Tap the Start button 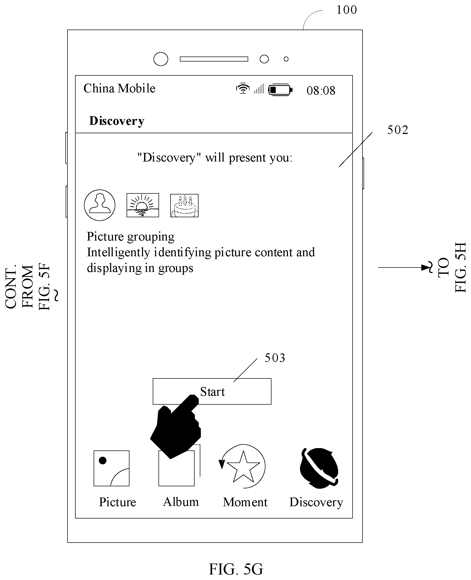(x=212, y=391)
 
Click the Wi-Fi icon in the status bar (x=243, y=88)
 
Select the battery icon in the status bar (x=280, y=90)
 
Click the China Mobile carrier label (x=119, y=88)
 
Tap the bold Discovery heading (x=117, y=121)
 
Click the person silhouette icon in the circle (x=100, y=205)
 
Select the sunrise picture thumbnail (x=143, y=205)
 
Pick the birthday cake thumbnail (x=184, y=205)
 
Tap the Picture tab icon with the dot (x=111, y=469)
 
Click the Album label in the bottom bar (x=181, y=502)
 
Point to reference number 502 (x=398, y=130)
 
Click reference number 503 (x=275, y=358)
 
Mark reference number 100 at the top (x=347, y=10)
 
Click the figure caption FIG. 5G (x=236, y=569)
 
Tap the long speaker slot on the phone (x=214, y=59)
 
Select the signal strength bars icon (x=259, y=89)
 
